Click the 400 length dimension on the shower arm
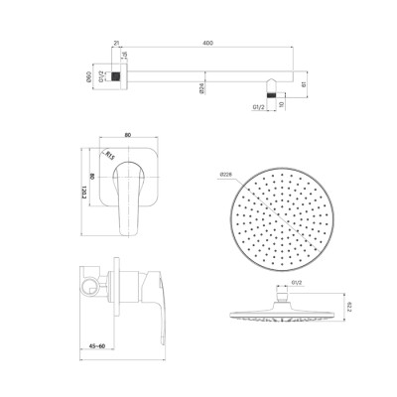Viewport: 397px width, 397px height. (x=206, y=43)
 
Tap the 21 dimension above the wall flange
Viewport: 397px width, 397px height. (x=116, y=43)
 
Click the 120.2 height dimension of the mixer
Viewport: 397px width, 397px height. (x=84, y=189)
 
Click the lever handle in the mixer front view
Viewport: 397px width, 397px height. (x=128, y=198)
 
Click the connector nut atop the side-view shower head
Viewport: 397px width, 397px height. (x=289, y=295)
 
